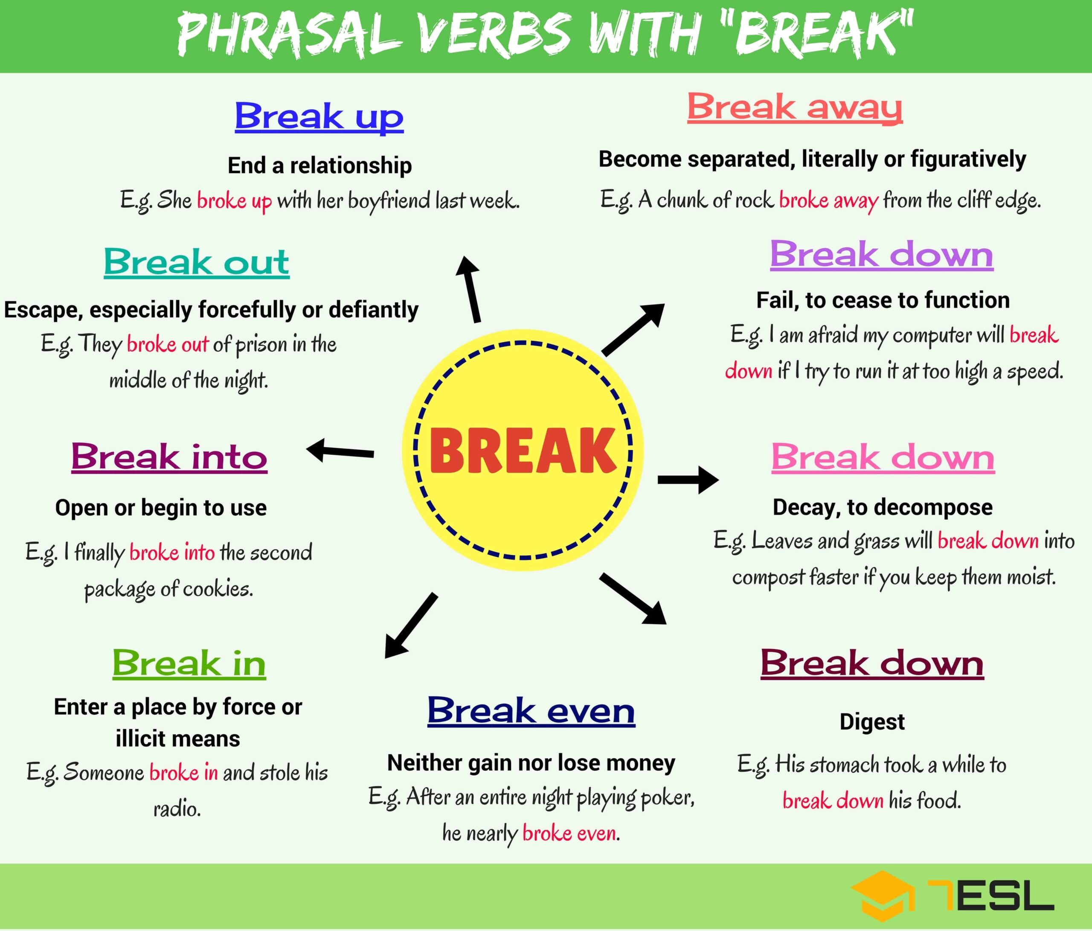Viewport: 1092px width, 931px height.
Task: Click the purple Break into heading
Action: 169,456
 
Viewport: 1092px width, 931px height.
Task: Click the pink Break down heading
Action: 883,457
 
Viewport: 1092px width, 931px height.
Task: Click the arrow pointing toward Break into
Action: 340,451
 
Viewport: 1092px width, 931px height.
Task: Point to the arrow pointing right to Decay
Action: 688,479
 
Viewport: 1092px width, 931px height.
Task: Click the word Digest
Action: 872,722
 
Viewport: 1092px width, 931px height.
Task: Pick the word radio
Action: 177,808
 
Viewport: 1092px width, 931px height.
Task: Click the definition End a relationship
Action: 319,166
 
